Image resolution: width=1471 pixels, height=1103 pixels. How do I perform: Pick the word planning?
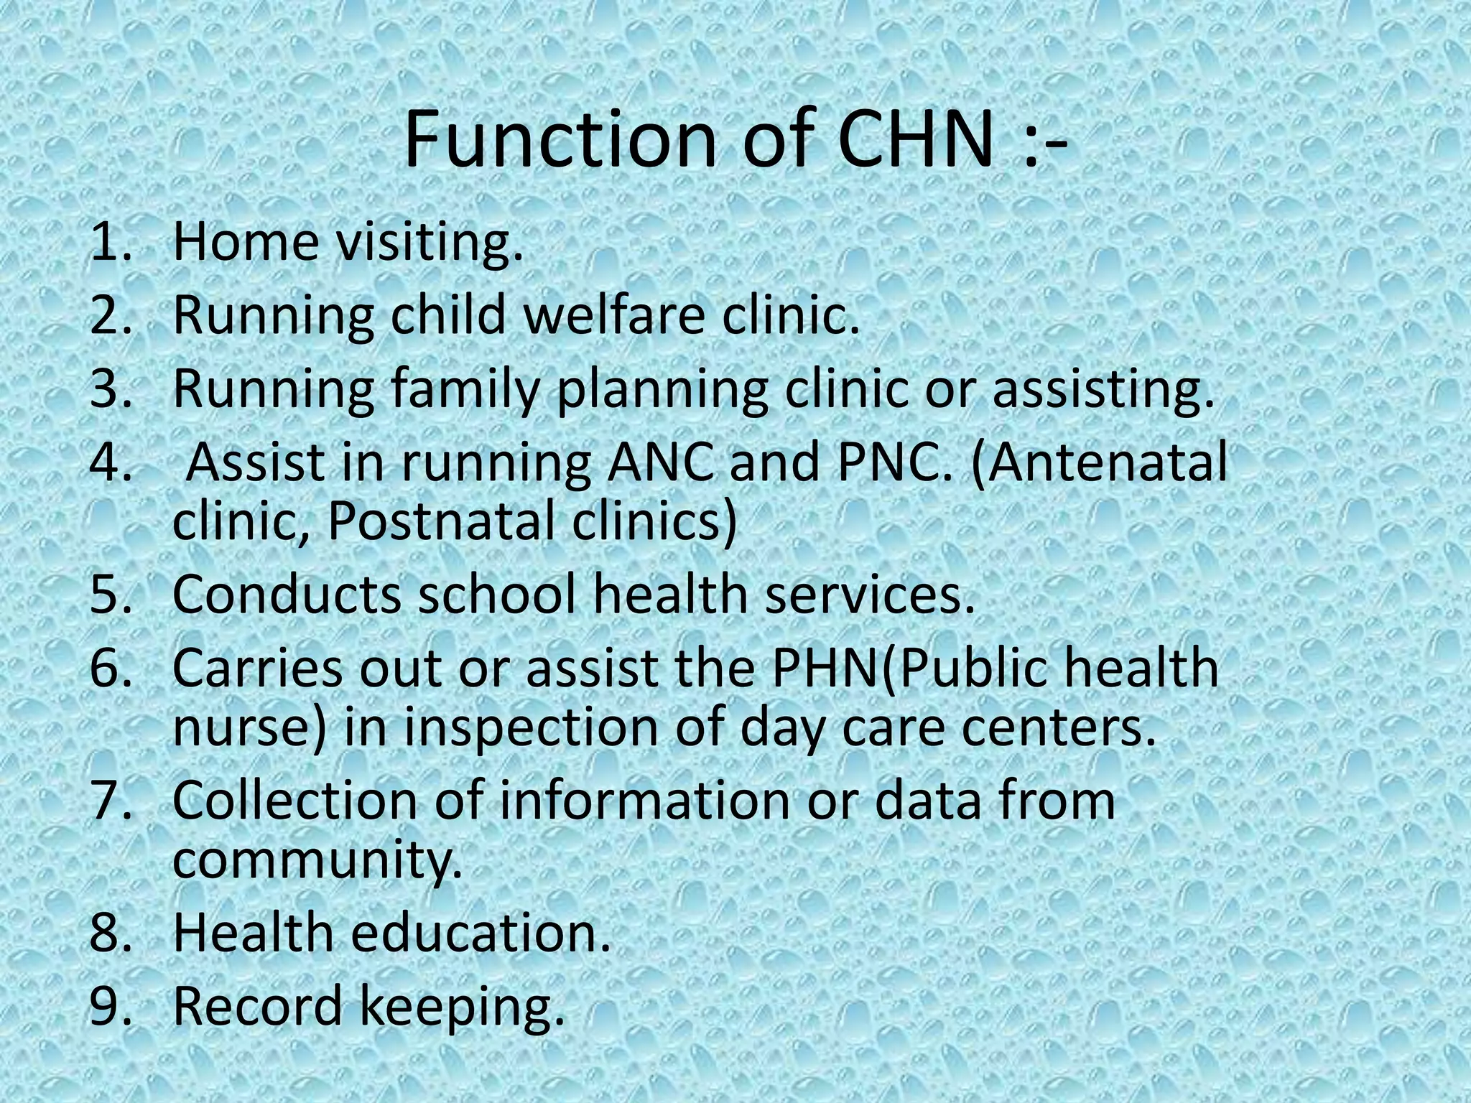click(x=661, y=391)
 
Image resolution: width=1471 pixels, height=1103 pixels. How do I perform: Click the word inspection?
click(x=531, y=729)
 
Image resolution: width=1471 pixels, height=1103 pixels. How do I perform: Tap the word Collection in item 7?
click(x=295, y=800)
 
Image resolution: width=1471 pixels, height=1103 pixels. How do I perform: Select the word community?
click(x=317, y=860)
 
